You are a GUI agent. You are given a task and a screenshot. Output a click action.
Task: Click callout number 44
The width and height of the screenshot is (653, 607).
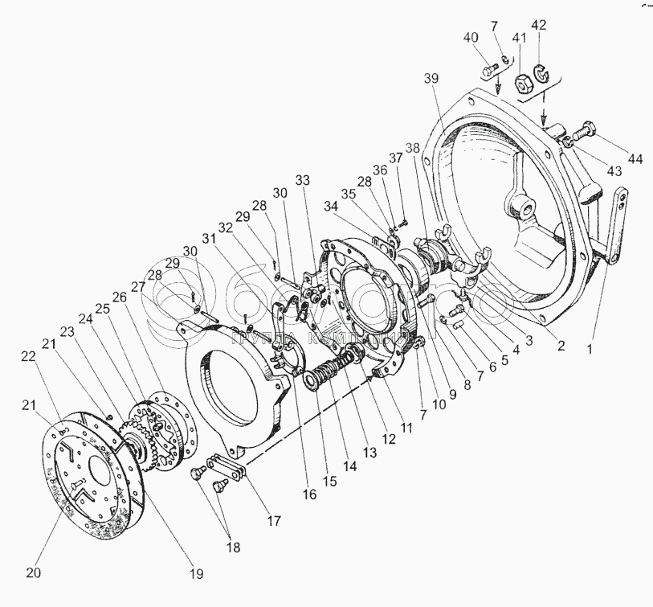pos(635,158)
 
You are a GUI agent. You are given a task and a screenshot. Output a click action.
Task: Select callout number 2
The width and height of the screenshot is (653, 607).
pos(561,347)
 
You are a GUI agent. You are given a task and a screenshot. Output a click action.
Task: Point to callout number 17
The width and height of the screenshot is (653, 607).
pos(274,520)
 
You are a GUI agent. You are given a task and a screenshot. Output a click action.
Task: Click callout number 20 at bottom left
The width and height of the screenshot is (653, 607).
pos(32,572)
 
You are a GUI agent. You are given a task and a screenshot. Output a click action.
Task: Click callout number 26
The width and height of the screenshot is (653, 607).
pos(120,297)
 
